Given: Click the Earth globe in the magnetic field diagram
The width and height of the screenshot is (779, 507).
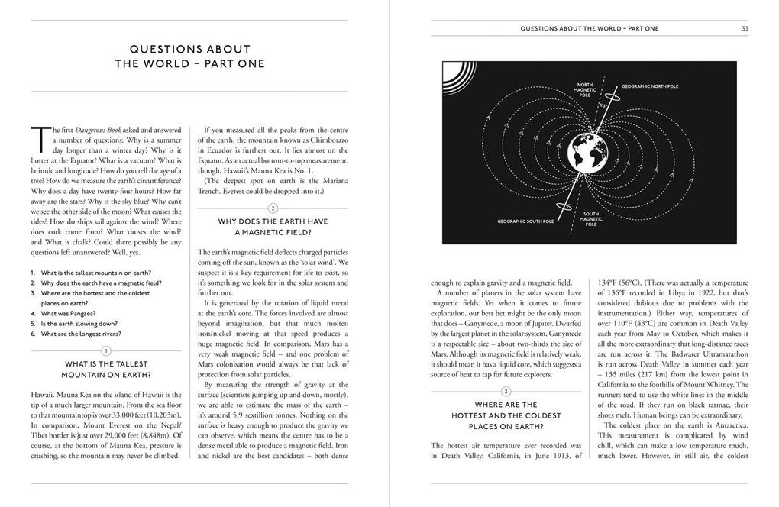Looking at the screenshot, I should pyautogui.click(x=590, y=152).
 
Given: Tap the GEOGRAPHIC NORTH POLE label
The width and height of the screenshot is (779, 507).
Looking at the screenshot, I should pyautogui.click(x=649, y=86).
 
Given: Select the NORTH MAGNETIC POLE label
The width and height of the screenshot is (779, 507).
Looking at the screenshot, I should pyautogui.click(x=584, y=89).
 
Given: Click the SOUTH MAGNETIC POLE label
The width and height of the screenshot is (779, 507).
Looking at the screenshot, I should pyautogui.click(x=592, y=219).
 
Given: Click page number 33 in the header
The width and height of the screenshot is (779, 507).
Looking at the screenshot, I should pyautogui.click(x=744, y=28).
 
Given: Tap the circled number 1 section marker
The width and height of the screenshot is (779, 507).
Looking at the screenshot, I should pyautogui.click(x=107, y=350).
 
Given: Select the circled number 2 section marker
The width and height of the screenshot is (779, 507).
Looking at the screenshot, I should pyautogui.click(x=273, y=208).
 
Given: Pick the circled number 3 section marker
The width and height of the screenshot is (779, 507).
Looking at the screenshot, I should pyautogui.click(x=506, y=391).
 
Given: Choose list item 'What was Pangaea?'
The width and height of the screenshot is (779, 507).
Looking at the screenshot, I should pyautogui.click(x=70, y=313).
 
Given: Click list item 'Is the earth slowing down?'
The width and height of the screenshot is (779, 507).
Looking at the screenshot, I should pyautogui.click(x=79, y=323).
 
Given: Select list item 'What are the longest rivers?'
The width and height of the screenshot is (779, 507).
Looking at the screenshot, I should pyautogui.click(x=81, y=334).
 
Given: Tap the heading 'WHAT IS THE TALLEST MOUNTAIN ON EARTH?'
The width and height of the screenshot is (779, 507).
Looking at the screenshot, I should pyautogui.click(x=107, y=370).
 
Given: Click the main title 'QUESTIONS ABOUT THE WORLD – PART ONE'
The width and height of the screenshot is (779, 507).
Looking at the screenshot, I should pyautogui.click(x=190, y=57).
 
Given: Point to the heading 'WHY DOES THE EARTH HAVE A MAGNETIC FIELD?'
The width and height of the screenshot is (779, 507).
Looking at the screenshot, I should pyautogui.click(x=273, y=227).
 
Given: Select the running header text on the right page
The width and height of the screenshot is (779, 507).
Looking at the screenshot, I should pyautogui.click(x=589, y=28).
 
